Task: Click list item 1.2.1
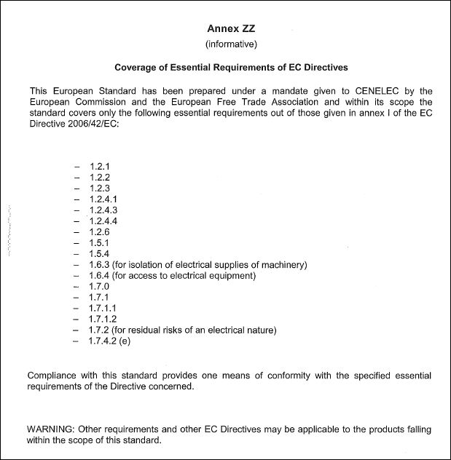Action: pyautogui.click(x=100, y=165)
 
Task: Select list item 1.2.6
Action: pyautogui.click(x=100, y=231)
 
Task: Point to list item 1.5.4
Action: pyautogui.click(x=100, y=253)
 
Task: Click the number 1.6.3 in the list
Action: pyautogui.click(x=100, y=264)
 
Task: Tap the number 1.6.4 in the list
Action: pyautogui.click(x=100, y=275)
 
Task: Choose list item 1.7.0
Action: pyautogui.click(x=100, y=286)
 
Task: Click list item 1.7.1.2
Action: pyautogui.click(x=103, y=319)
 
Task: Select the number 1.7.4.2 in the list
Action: pyautogui.click(x=103, y=341)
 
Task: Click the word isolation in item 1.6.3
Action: pyautogui.click(x=146, y=264)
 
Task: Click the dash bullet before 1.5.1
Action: pyautogui.click(x=77, y=242)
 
